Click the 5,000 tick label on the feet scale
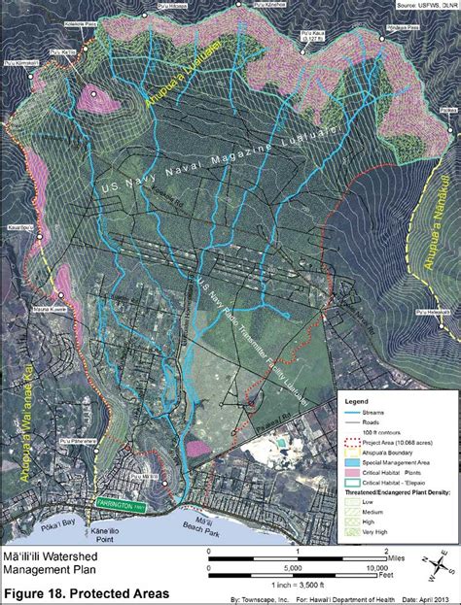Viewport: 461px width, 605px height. coord(289,569)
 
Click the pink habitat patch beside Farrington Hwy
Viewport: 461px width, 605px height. coord(196,449)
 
